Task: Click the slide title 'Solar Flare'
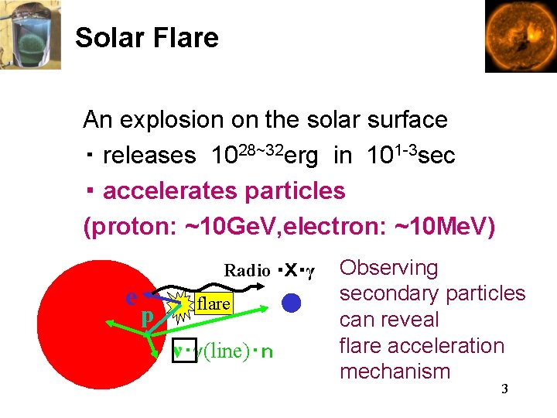(147, 38)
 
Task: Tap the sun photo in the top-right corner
(520, 36)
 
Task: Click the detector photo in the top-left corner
(31, 35)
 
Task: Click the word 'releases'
(149, 156)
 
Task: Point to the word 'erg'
(302, 156)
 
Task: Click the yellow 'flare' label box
(213, 304)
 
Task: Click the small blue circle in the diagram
(290, 303)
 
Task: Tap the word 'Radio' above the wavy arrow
(247, 271)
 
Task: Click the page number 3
(504, 389)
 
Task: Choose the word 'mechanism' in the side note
(395, 372)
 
